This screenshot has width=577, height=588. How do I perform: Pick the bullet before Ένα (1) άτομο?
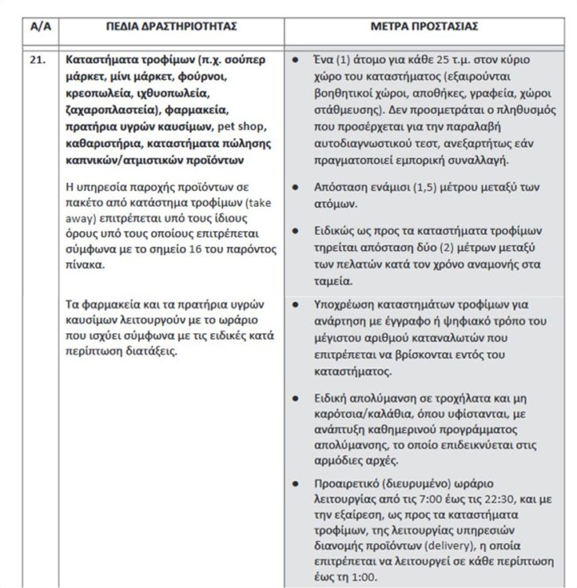point(294,60)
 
